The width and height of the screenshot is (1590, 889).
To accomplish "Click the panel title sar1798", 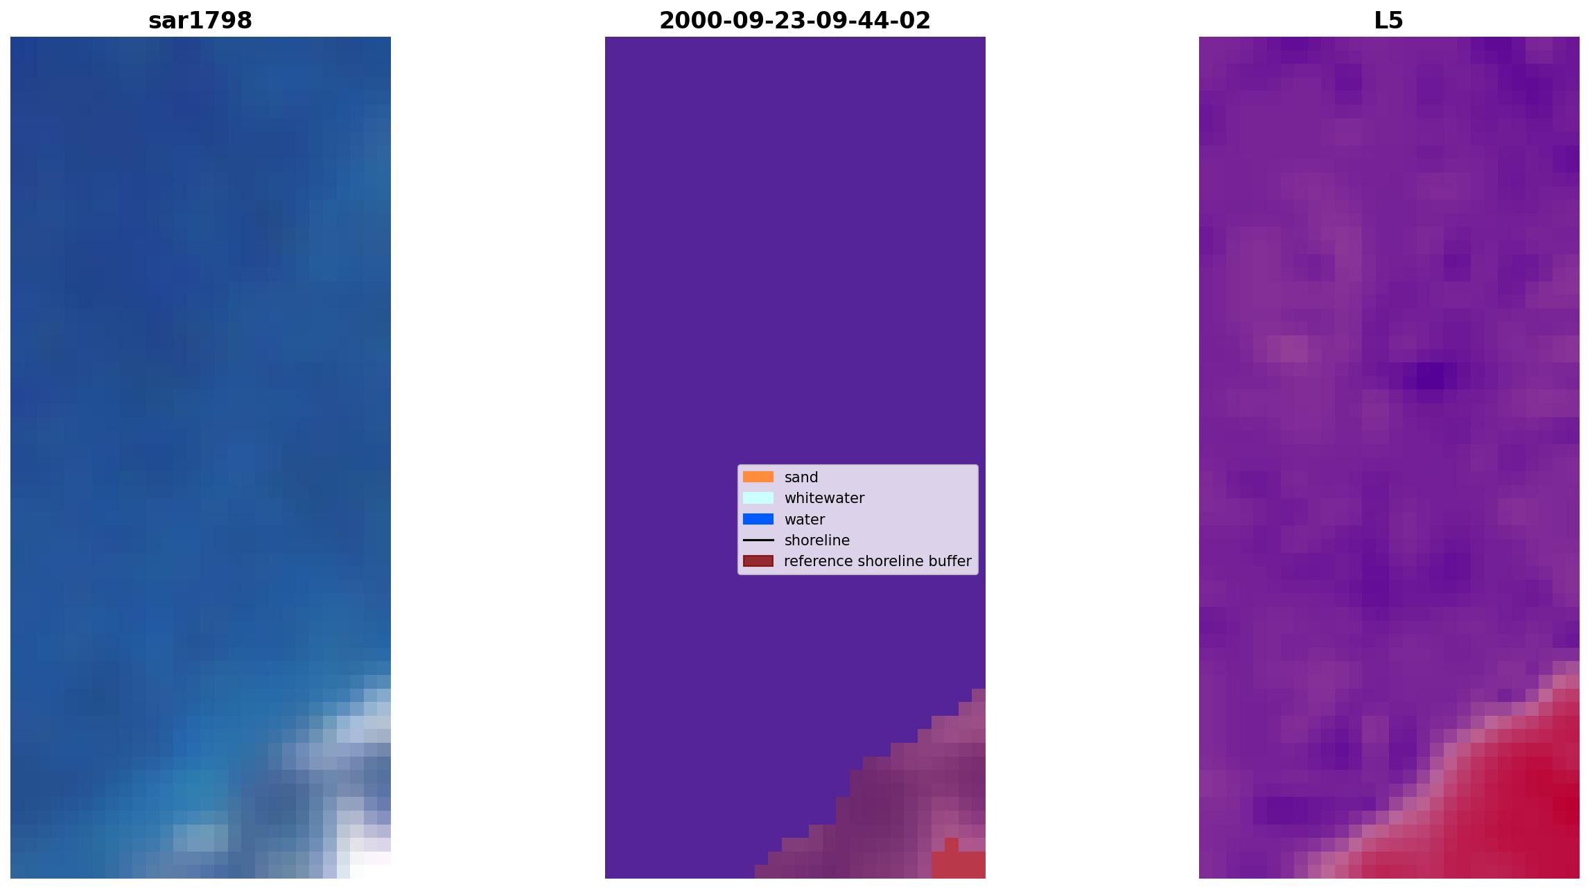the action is pyautogui.click(x=200, y=21).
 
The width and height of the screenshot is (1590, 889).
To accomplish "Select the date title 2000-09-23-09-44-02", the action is pyautogui.click(x=795, y=21).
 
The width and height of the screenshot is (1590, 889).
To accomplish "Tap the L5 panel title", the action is pyautogui.click(x=1389, y=21).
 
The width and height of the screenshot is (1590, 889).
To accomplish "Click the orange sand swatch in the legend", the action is pyautogui.click(x=758, y=477).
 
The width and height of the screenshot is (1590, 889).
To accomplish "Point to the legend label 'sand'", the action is pyautogui.click(x=801, y=477).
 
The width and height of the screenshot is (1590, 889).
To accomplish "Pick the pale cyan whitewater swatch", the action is pyautogui.click(x=758, y=498).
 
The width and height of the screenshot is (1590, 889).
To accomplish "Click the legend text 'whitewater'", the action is pyautogui.click(x=824, y=498).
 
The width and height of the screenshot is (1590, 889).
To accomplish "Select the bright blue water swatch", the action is pyautogui.click(x=758, y=519).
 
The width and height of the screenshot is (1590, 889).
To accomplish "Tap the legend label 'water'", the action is pyautogui.click(x=805, y=520).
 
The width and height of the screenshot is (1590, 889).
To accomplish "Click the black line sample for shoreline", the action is pyautogui.click(x=758, y=540).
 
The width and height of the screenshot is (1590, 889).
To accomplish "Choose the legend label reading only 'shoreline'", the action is pyautogui.click(x=817, y=540).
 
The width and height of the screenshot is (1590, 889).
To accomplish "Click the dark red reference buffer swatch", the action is pyautogui.click(x=758, y=561).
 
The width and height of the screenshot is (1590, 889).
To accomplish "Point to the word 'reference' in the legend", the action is pyautogui.click(x=816, y=561).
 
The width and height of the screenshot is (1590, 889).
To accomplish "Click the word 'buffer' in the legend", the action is pyautogui.click(x=950, y=561).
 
